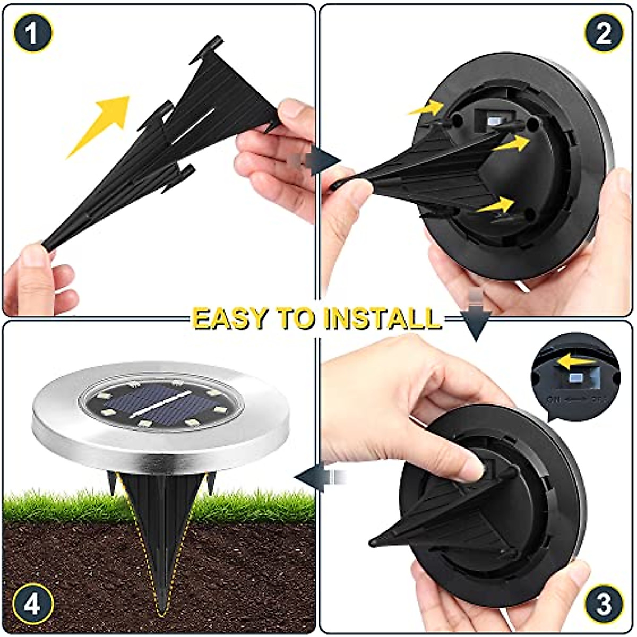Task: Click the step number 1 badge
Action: [x=33, y=33]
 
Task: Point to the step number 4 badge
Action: [x=33, y=604]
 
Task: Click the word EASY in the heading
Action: [x=231, y=318]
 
